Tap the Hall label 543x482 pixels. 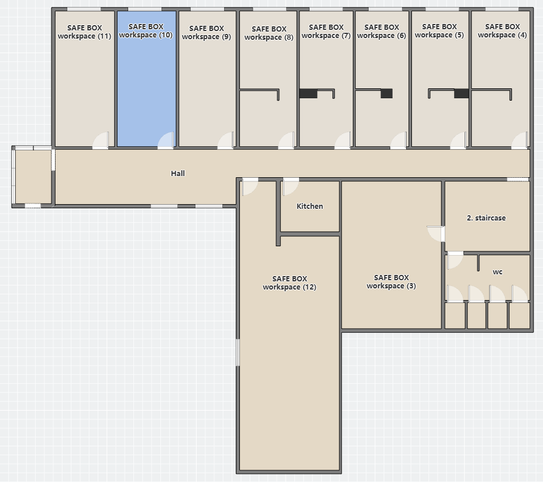click(178, 174)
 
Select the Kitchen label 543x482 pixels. click(310, 206)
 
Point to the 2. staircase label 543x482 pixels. click(486, 218)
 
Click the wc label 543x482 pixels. click(497, 272)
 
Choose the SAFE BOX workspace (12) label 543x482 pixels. click(290, 283)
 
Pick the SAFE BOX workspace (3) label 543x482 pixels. click(391, 282)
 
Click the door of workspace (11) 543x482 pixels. click(101, 140)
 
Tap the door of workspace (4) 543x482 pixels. click(520, 140)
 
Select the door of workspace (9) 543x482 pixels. click(226, 140)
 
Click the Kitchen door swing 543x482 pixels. click(290, 187)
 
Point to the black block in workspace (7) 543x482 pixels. click(308, 94)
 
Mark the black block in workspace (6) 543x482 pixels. click(386, 94)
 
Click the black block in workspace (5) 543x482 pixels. click(461, 94)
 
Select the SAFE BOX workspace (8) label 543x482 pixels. click(269, 33)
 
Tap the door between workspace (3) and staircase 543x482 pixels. click(437, 234)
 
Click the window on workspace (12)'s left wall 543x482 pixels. click(238, 352)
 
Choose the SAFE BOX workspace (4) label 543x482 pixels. click(502, 31)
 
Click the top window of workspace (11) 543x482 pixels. click(84, 9)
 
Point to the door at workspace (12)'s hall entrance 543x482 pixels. click(250, 187)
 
